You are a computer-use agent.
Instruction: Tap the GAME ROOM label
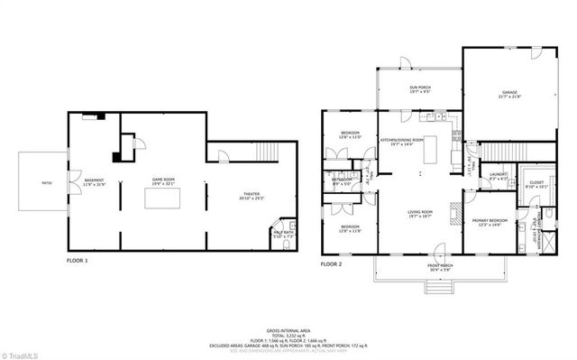click(x=163, y=181)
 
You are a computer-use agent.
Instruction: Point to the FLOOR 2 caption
click(x=333, y=264)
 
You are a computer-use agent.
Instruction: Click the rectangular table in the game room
click(x=163, y=198)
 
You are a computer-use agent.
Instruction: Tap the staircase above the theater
click(x=252, y=152)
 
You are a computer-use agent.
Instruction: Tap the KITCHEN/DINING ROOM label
click(x=402, y=143)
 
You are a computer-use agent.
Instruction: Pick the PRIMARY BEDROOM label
click(x=492, y=222)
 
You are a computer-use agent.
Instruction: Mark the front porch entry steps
click(x=438, y=287)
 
